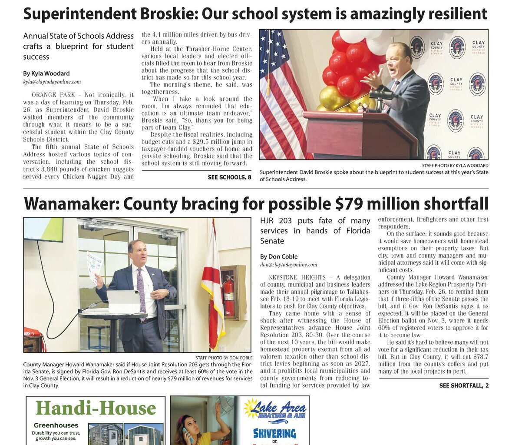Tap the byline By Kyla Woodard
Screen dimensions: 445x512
(46, 73)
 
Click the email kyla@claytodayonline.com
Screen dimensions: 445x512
(52, 82)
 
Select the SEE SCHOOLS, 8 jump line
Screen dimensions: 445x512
(229, 177)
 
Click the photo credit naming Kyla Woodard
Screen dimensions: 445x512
(455, 166)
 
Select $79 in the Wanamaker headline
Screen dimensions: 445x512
(349, 203)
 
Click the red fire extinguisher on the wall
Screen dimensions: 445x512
(228, 296)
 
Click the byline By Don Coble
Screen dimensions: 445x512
(279, 256)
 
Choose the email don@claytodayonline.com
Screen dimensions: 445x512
(288, 265)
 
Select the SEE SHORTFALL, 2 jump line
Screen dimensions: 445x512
(464, 385)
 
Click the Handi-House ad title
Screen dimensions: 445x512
(96, 408)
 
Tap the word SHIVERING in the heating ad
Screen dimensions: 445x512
(274, 433)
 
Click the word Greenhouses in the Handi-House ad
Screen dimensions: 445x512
(56, 425)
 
